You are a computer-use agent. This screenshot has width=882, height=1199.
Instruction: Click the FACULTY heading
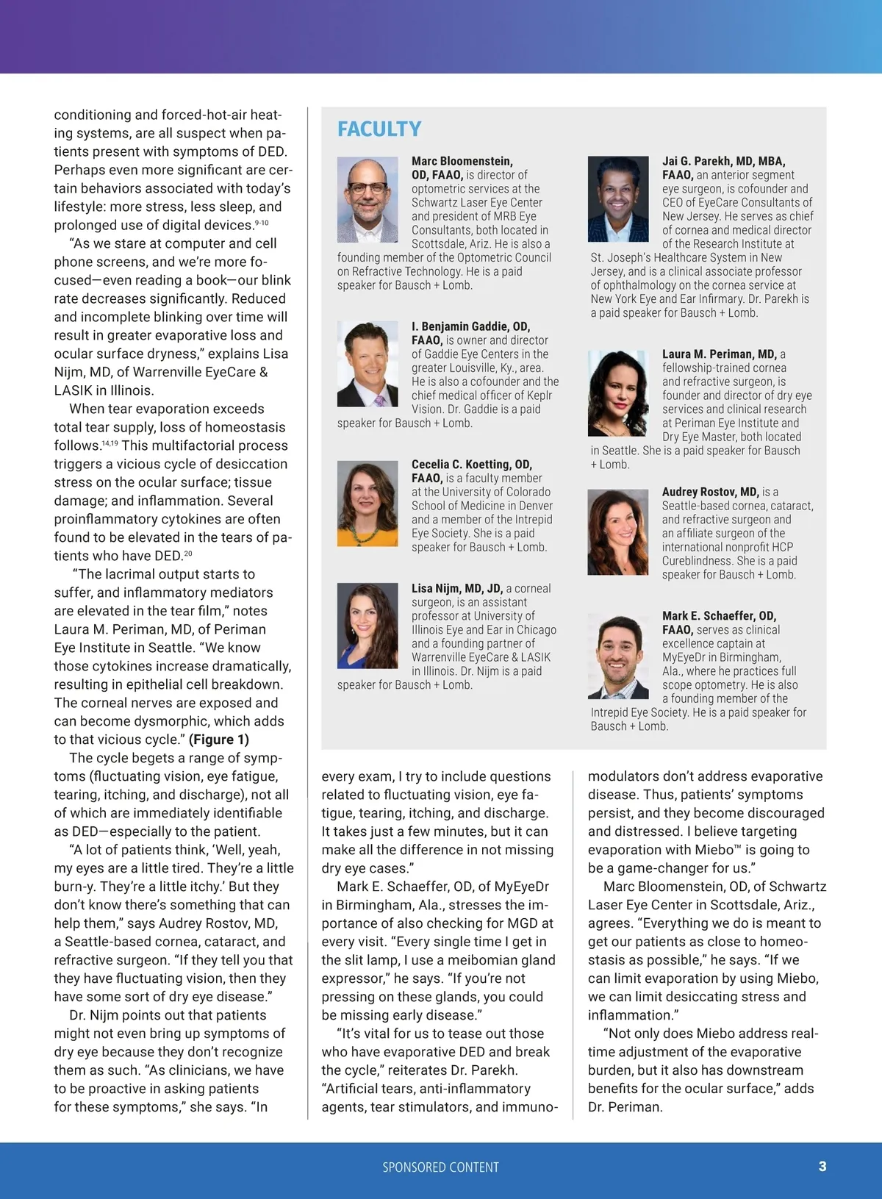[x=379, y=129]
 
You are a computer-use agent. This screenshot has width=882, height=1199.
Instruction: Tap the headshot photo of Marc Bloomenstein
[x=367, y=200]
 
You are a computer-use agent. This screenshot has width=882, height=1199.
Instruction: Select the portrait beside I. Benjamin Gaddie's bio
[x=367, y=364]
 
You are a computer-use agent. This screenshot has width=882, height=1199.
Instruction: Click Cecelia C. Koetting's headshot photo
[x=367, y=503]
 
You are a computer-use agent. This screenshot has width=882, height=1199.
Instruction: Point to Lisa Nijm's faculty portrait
[x=367, y=626]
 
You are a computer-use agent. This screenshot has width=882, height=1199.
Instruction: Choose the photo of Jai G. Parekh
[x=618, y=200]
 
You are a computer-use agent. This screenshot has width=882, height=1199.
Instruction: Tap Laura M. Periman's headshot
[x=618, y=393]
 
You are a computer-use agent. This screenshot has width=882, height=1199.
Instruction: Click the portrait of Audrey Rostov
[x=618, y=532]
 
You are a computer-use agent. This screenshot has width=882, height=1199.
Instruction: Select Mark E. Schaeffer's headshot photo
[x=618, y=655]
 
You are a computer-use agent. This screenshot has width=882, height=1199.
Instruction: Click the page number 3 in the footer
[x=822, y=1167]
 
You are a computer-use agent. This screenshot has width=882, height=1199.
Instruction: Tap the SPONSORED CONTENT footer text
[x=440, y=1167]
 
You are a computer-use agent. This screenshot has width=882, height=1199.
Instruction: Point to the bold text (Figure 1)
[x=219, y=740]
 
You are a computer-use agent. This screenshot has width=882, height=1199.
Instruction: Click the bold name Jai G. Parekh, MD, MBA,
[x=724, y=161]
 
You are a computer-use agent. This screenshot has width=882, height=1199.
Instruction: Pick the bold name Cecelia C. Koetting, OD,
[x=472, y=465]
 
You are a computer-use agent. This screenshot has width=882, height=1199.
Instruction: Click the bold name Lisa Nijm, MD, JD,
[x=457, y=588]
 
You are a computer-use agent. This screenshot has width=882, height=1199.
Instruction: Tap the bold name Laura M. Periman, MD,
[x=719, y=354]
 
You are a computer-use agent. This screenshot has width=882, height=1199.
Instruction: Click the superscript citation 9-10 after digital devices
[x=262, y=223]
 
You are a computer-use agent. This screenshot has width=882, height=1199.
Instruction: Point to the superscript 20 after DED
[x=188, y=554]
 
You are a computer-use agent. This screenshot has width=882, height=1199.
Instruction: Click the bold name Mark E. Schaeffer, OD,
[x=719, y=616]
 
